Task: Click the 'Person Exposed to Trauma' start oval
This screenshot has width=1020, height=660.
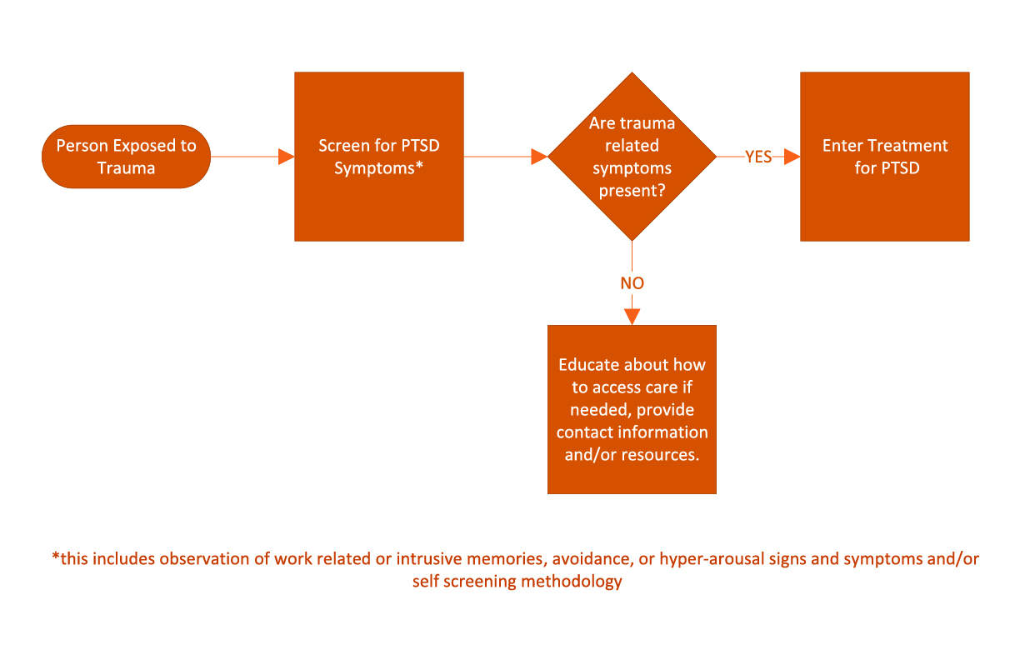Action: pyautogui.click(x=126, y=157)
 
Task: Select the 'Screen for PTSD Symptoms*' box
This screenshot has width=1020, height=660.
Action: pyautogui.click(x=379, y=157)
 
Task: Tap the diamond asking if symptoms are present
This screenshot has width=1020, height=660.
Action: pyautogui.click(x=632, y=157)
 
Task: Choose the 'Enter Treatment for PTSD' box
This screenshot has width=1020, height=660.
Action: pyautogui.click(x=885, y=157)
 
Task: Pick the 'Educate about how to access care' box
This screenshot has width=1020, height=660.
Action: pyautogui.click(x=632, y=409)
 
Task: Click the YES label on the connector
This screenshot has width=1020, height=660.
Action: pyautogui.click(x=758, y=157)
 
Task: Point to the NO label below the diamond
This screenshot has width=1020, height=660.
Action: pyautogui.click(x=632, y=283)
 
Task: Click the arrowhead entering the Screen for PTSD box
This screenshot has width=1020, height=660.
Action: pyautogui.click(x=287, y=157)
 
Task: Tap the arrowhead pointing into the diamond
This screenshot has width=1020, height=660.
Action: pyautogui.click(x=539, y=157)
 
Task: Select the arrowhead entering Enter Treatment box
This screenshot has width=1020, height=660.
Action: pyautogui.click(x=792, y=157)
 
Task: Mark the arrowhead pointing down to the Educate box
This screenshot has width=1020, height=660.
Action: pyautogui.click(x=632, y=317)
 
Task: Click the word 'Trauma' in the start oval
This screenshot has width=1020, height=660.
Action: pyautogui.click(x=126, y=168)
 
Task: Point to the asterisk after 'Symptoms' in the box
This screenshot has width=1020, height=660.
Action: pyautogui.click(x=419, y=165)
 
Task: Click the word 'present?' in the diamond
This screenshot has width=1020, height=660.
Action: pyautogui.click(x=632, y=191)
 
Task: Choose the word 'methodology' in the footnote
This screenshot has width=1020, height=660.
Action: pyautogui.click(x=572, y=582)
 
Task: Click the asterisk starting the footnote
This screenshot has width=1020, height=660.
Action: pyautogui.click(x=56, y=556)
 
